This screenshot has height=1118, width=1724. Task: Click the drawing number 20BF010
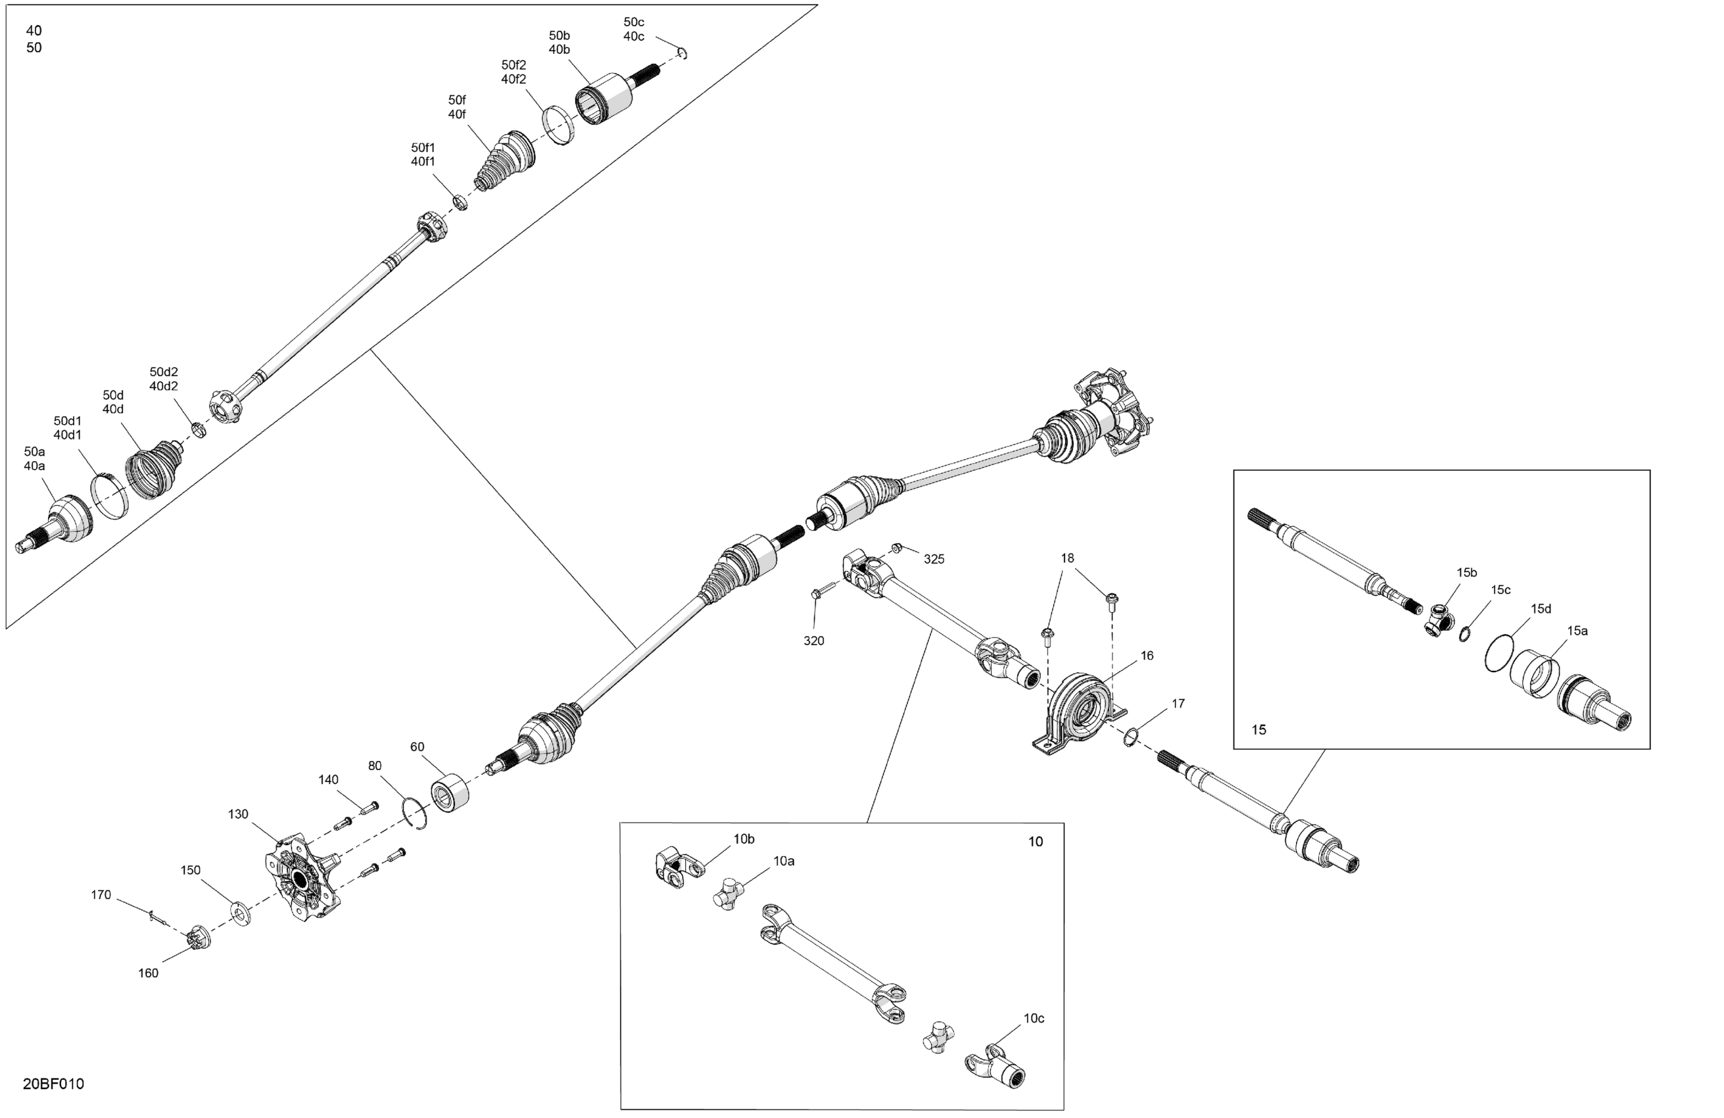click(x=54, y=1084)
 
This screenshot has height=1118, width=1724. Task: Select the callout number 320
click(x=813, y=641)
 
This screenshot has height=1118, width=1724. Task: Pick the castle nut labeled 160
click(x=197, y=938)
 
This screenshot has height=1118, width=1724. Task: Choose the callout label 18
click(x=1067, y=558)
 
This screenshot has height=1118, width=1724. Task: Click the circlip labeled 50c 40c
click(x=682, y=52)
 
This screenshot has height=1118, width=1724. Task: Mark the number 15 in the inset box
click(x=1259, y=729)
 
